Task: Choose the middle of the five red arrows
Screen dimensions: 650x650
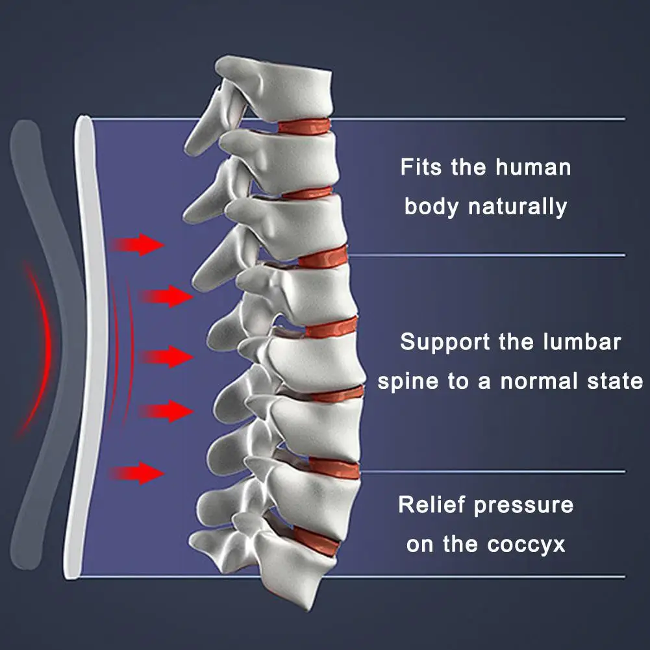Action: coord(166,356)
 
